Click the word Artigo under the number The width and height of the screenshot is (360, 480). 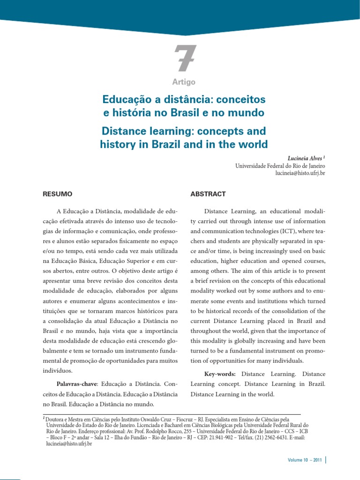point(184,82)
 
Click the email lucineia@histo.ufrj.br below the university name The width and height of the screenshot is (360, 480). point(300,173)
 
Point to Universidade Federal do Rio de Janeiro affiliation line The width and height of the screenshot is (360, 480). point(280,166)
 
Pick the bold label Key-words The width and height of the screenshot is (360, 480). point(222,374)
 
